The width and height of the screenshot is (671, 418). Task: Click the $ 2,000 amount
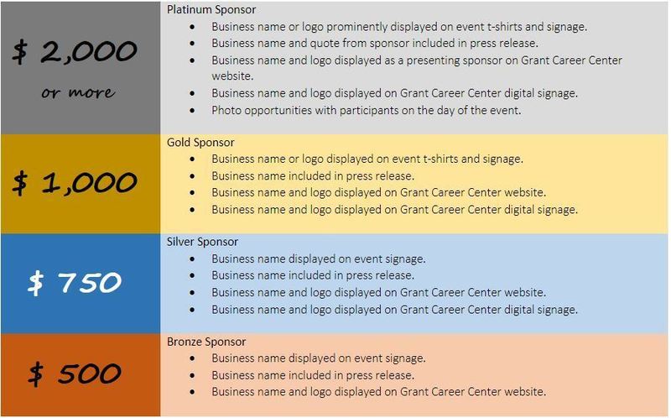click(x=75, y=52)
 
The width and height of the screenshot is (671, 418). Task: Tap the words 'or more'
click(x=78, y=92)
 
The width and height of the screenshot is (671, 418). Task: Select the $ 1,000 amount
click(x=75, y=183)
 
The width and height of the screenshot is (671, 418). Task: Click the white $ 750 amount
click(x=75, y=283)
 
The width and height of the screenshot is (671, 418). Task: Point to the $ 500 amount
click(x=75, y=374)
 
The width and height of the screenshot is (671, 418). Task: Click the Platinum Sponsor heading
click(x=211, y=9)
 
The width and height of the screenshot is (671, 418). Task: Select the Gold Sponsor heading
click(x=200, y=142)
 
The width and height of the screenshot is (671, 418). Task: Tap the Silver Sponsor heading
click(x=202, y=242)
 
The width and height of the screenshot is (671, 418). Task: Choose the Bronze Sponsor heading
click(x=206, y=342)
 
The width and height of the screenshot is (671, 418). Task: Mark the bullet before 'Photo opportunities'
click(x=192, y=111)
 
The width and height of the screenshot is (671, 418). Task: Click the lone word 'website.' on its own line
click(x=232, y=76)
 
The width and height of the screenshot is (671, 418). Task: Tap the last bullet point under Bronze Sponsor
click(x=192, y=392)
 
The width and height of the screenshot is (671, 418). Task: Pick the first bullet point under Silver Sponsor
click(x=192, y=259)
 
